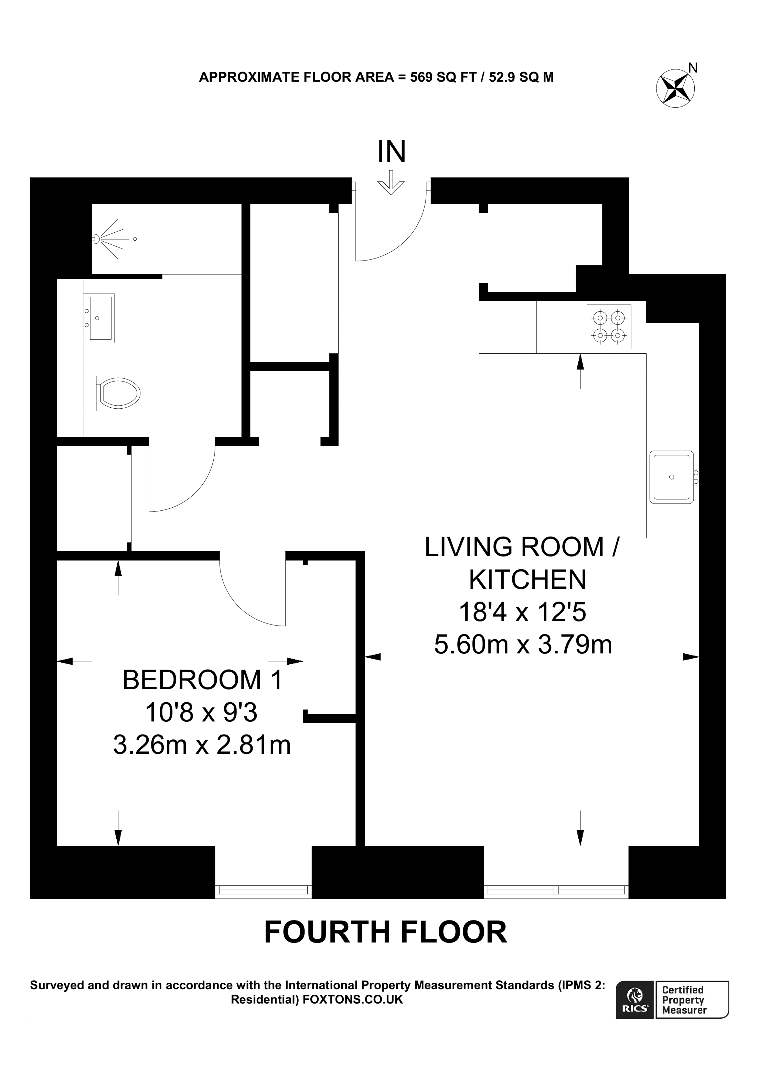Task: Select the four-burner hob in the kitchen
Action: pos(608,327)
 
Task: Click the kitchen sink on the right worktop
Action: pos(671,477)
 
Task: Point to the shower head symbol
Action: pos(97,239)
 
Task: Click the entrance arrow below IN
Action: pos(391,183)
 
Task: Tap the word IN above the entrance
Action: pos(391,152)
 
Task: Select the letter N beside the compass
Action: pos(693,68)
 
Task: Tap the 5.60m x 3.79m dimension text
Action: pos(522,645)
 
